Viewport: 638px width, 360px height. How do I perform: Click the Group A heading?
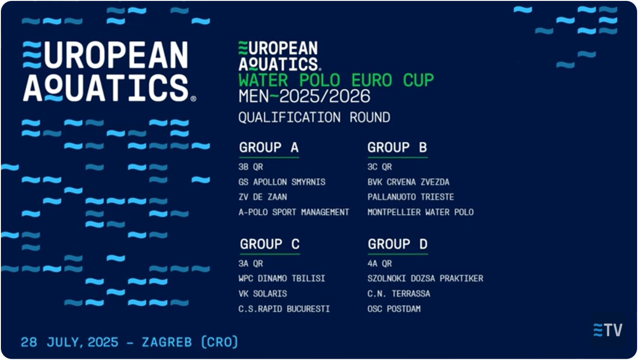269,147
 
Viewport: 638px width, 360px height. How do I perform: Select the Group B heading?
397,147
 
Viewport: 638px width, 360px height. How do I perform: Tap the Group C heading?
270,244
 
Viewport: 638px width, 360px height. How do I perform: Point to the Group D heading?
397,244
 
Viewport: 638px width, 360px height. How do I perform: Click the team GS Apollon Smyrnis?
282,182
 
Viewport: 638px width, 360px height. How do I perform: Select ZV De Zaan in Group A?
263,197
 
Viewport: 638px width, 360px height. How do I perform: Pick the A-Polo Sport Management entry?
294,212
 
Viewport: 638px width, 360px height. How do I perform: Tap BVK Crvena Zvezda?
408,182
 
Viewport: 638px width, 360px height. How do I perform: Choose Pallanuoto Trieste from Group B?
411,197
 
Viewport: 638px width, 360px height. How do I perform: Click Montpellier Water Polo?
420,212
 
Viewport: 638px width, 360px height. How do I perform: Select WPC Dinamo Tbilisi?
282,278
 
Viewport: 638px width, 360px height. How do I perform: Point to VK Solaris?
263,294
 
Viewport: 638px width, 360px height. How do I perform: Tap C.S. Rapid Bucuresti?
284,309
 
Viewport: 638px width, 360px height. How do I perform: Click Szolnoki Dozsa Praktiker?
425,278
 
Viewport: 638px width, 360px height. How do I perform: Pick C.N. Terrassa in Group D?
399,294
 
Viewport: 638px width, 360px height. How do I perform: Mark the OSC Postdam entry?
394,309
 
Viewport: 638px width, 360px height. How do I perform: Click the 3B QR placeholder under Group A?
251,167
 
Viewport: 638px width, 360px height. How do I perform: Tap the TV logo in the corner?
608,330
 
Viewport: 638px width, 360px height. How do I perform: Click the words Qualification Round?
314,117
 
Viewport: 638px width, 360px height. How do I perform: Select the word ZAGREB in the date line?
167,342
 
